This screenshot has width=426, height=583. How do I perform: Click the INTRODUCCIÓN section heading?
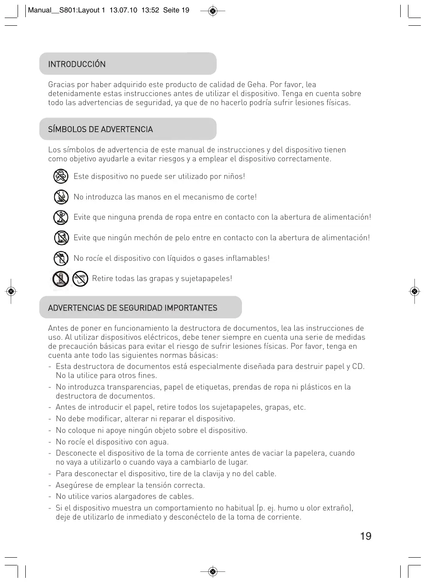(x=77, y=64)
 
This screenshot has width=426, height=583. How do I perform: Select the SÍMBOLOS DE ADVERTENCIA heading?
(x=100, y=130)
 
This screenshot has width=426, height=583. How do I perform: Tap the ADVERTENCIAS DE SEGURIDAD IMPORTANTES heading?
(x=133, y=308)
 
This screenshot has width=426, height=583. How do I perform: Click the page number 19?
(x=366, y=536)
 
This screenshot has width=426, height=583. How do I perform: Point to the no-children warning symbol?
(x=61, y=176)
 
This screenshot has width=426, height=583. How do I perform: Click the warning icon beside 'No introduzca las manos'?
(x=61, y=197)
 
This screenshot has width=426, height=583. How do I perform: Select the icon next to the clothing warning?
(x=61, y=217)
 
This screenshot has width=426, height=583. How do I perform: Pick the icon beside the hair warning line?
(x=61, y=238)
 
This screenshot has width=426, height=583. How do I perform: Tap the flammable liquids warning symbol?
(x=61, y=258)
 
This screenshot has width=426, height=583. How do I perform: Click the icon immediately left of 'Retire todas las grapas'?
(x=80, y=279)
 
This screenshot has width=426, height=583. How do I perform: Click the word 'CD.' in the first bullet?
(x=358, y=366)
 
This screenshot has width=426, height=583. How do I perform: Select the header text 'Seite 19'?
(x=176, y=10)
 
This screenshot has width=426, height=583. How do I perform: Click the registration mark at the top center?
(x=213, y=11)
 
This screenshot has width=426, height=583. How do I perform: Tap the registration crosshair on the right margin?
(x=414, y=292)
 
